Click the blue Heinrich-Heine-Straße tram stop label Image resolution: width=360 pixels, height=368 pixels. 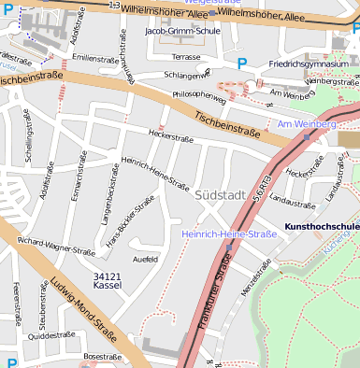pyautogui.click(x=229, y=234)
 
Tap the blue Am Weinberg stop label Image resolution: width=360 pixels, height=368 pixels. pyautogui.click(x=306, y=123)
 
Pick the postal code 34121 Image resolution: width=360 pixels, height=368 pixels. pyautogui.click(x=108, y=276)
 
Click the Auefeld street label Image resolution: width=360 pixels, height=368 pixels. pyautogui.click(x=145, y=259)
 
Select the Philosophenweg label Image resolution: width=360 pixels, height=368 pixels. pyautogui.click(x=199, y=95)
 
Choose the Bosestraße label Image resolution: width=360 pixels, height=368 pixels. pyautogui.click(x=103, y=356)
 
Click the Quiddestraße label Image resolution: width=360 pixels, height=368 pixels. pyautogui.click(x=50, y=334)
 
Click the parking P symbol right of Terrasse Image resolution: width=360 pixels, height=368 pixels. pyautogui.click(x=242, y=64)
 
